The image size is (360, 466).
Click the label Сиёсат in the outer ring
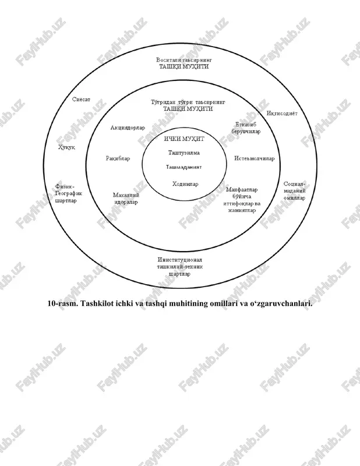[81, 99]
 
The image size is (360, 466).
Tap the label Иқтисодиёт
[282, 113]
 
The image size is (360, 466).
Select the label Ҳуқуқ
[66, 147]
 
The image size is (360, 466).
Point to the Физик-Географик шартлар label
[68, 193]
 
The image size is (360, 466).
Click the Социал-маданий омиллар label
[294, 191]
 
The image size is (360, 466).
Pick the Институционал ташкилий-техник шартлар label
[180, 267]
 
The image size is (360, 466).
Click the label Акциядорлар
[128, 128]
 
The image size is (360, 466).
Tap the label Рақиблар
[118, 158]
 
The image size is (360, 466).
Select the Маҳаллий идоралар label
[126, 199]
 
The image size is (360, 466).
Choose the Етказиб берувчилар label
[246, 128]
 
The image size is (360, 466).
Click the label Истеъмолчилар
[255, 158]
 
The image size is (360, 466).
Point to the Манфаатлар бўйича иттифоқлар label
[242, 200]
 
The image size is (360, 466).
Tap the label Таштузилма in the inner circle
[184, 153]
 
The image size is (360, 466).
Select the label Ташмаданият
[183, 167]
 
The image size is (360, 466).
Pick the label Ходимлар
[185, 184]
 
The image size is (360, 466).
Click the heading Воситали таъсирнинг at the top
[184, 60]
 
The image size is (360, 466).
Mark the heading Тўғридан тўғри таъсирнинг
[188, 103]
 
